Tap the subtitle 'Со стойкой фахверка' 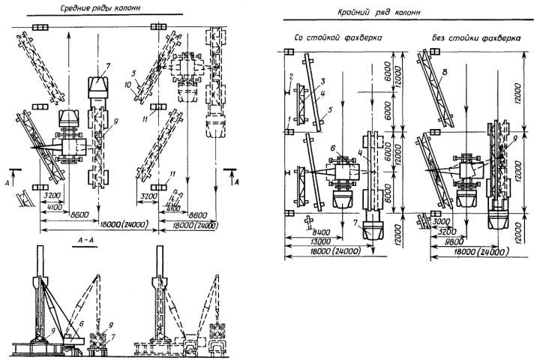coord(337,37)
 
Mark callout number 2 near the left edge coord(289,78)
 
